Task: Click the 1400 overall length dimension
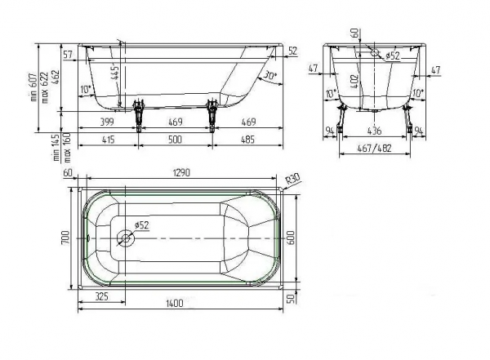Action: click(x=175, y=303)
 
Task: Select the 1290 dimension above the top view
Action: click(x=181, y=172)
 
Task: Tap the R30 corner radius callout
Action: click(x=293, y=179)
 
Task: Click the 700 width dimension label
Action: click(x=65, y=238)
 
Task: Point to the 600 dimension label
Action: click(x=290, y=238)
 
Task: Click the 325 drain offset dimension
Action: click(x=101, y=296)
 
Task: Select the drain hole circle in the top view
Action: click(x=126, y=238)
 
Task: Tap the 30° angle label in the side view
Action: click(x=270, y=75)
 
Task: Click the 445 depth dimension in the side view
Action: click(x=115, y=72)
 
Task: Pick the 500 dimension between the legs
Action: click(x=175, y=139)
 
